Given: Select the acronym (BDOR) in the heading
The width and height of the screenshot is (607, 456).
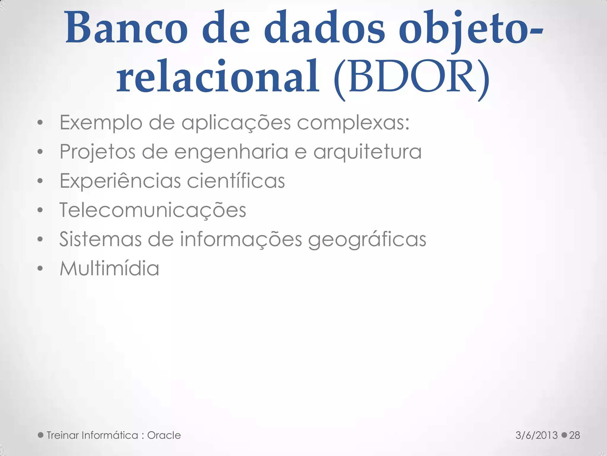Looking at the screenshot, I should (x=411, y=78).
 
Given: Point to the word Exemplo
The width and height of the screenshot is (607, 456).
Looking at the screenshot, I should (x=101, y=123).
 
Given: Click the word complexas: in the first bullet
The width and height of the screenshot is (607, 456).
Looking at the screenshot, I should (x=353, y=123).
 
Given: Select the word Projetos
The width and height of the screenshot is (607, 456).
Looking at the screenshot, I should (x=97, y=152).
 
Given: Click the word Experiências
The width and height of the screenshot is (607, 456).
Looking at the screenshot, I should (x=120, y=181).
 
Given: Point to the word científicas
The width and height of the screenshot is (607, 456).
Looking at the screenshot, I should (x=236, y=180).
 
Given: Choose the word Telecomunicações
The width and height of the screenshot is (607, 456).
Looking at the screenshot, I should (x=153, y=210).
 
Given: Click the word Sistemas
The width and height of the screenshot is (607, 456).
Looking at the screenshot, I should (x=100, y=239).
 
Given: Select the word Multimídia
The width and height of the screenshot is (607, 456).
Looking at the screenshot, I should (x=109, y=268).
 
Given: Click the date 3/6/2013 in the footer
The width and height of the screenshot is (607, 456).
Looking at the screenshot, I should (x=536, y=435).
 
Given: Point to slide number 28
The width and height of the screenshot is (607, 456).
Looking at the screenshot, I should (x=574, y=435).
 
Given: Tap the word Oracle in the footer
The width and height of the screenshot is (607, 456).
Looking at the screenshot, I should (x=164, y=435).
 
